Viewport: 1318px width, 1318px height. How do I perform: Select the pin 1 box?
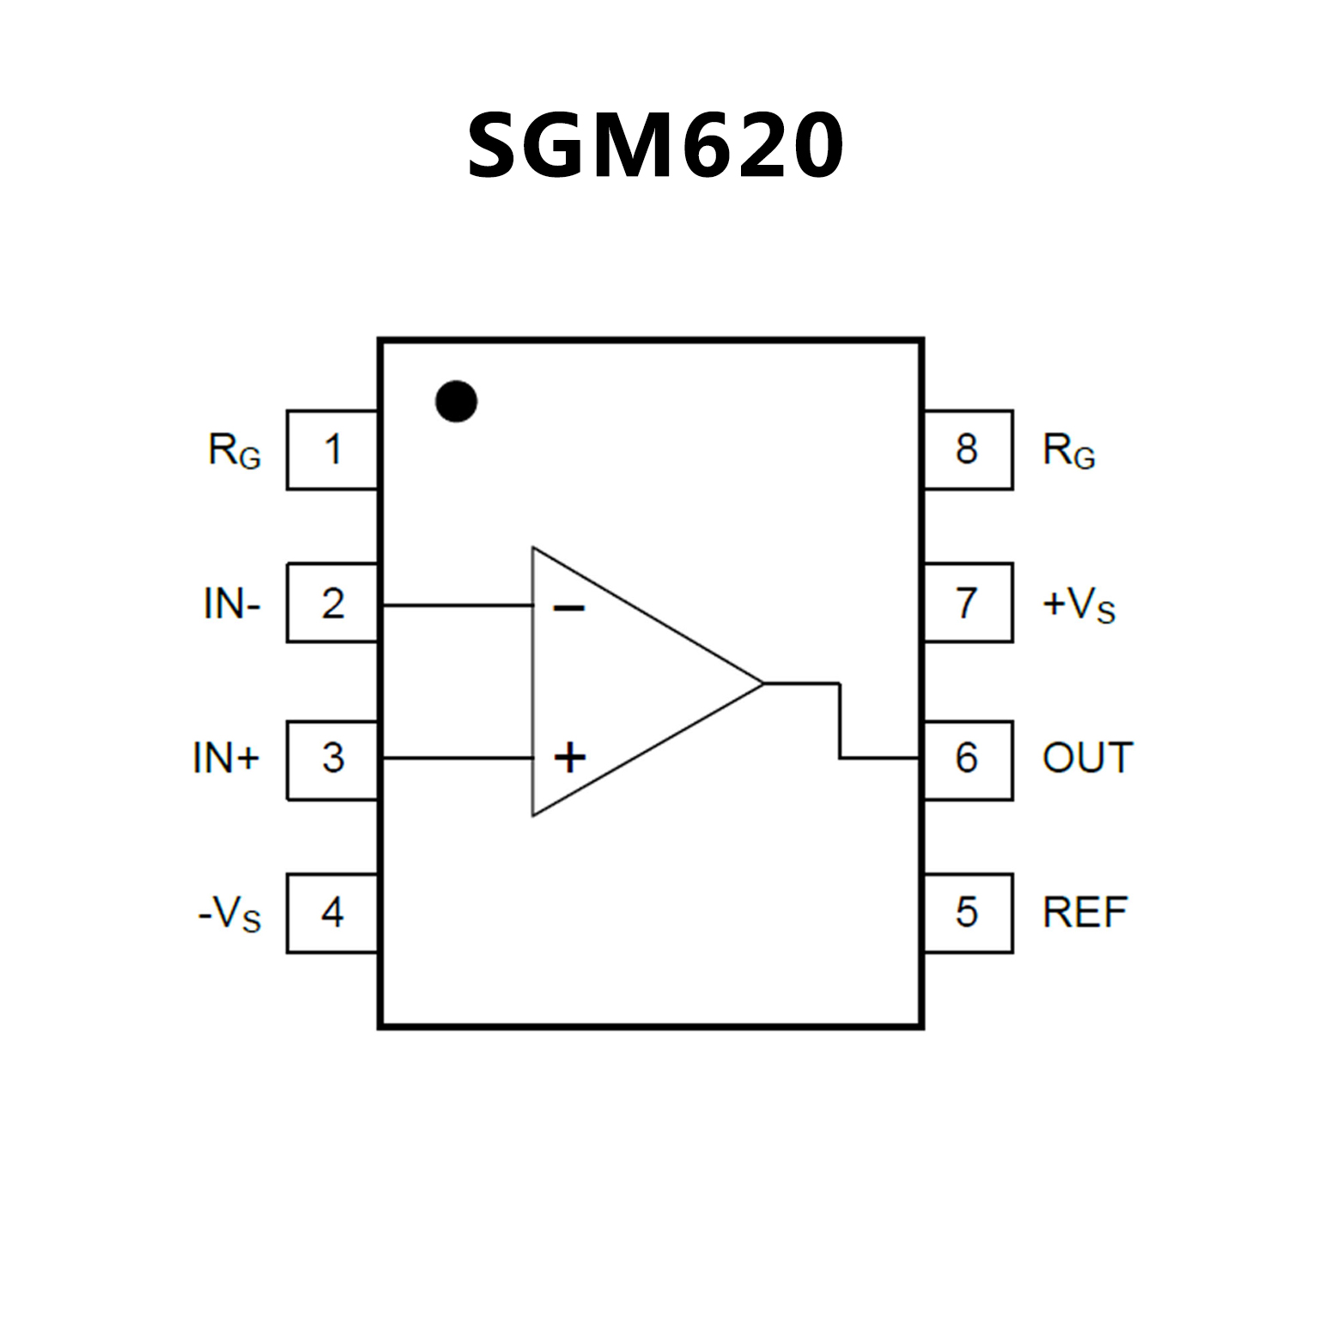[332, 450]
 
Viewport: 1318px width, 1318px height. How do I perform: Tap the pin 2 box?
[332, 603]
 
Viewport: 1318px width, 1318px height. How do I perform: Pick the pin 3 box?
[332, 760]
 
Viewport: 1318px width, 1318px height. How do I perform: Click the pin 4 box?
[332, 913]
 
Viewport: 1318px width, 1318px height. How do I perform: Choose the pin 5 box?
[968, 913]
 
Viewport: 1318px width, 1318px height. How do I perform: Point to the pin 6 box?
[968, 760]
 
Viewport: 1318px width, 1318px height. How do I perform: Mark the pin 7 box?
[968, 603]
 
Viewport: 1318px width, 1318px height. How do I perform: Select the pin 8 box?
[968, 450]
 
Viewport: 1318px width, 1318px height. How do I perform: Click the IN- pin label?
[232, 604]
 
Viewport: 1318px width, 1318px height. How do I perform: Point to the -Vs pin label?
[229, 914]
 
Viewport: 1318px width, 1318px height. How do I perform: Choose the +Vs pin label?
[1078, 604]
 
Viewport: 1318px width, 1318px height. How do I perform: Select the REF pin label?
[1084, 913]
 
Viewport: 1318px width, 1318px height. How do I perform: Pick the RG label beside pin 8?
[1069, 451]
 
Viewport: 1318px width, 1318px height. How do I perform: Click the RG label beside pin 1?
[234, 451]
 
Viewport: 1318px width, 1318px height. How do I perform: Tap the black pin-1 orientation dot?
[456, 401]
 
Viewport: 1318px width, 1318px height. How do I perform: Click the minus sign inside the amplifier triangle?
[568, 609]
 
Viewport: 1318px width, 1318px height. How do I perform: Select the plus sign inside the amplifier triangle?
[569, 757]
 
